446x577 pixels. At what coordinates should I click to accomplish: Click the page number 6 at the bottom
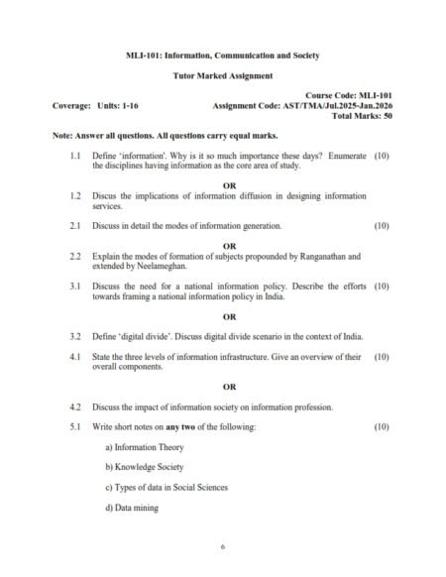(223, 547)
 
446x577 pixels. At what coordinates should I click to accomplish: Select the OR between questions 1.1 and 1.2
(230, 185)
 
